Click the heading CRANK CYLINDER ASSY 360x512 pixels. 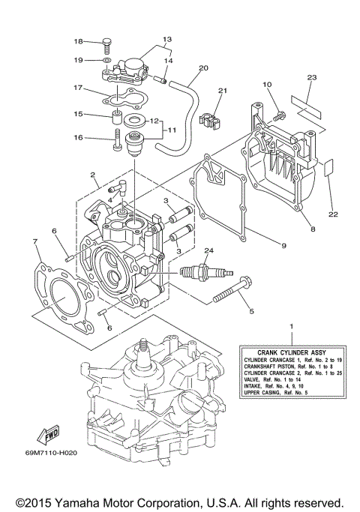coord(286,352)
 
